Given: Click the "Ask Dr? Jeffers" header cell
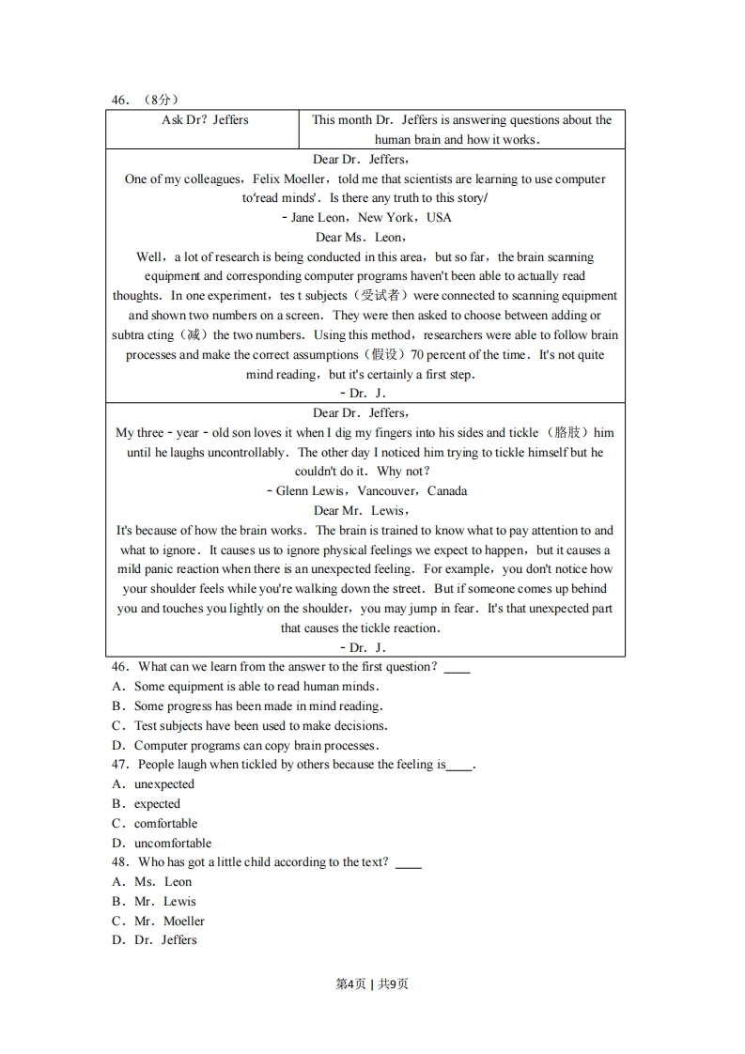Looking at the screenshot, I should (x=205, y=120).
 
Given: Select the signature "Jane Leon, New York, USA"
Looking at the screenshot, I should (x=366, y=218).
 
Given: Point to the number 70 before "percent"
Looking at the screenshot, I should (x=419, y=355).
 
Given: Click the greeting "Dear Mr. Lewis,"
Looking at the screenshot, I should (x=361, y=511).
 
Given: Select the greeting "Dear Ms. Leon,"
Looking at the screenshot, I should (x=361, y=238).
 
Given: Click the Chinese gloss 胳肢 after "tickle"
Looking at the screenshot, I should (x=567, y=433).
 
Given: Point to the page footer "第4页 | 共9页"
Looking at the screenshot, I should (x=372, y=984).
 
